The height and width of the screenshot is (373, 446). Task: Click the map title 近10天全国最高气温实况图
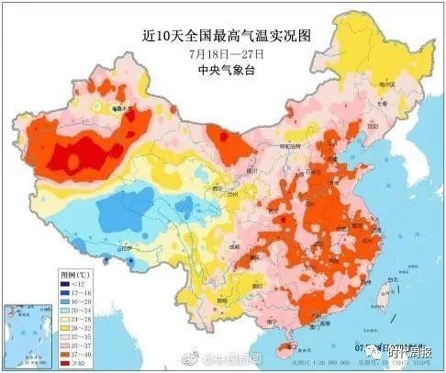tap(223, 37)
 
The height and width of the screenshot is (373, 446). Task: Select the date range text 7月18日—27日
tap(222, 53)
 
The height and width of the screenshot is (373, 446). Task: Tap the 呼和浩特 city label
tap(291, 146)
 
